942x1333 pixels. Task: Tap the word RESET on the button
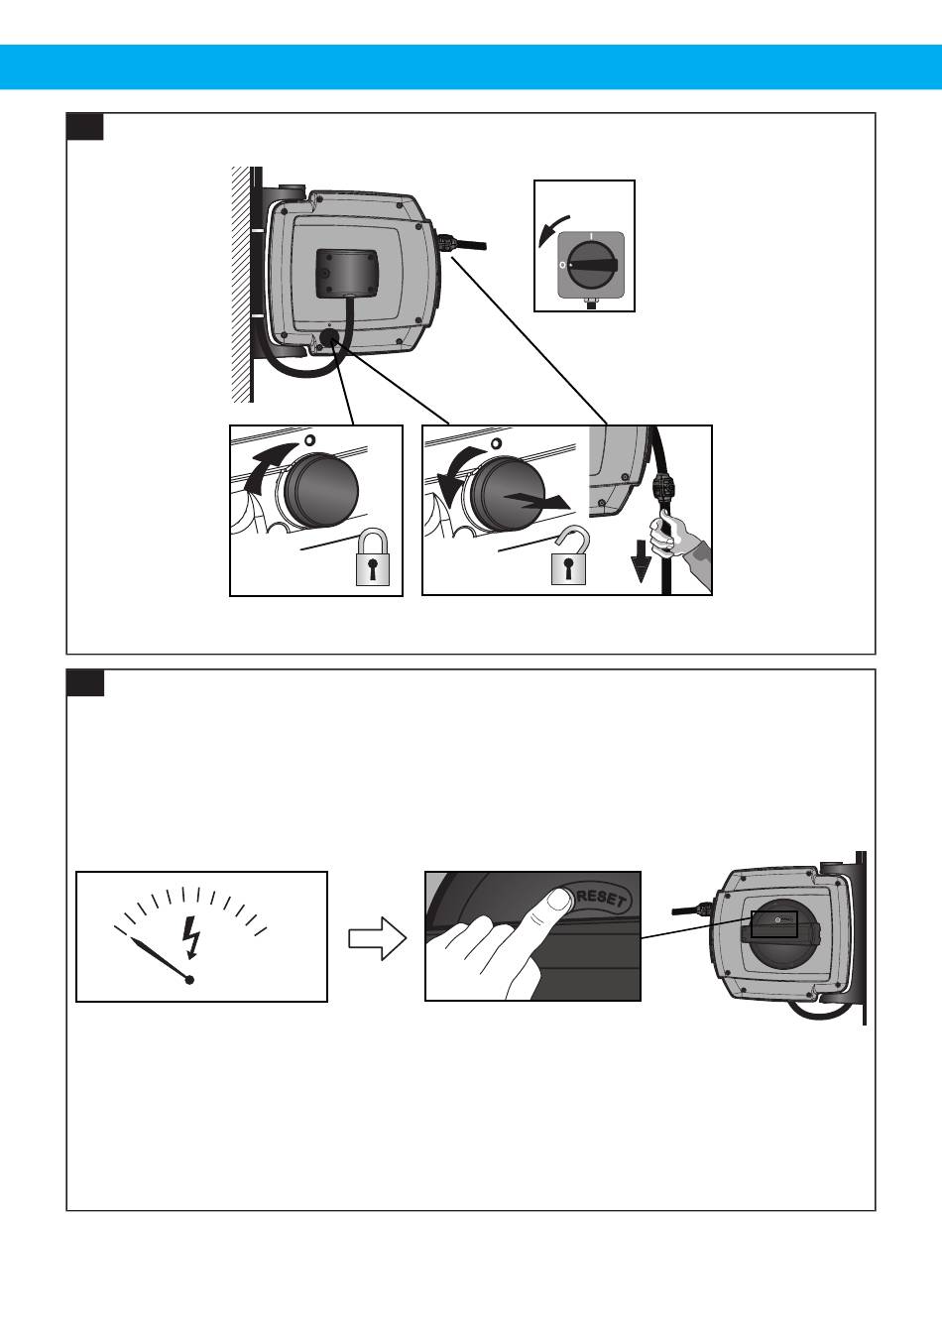(601, 900)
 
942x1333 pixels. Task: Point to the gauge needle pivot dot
(189, 979)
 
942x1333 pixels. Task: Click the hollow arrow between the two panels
(378, 937)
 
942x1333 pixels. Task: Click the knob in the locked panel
(321, 492)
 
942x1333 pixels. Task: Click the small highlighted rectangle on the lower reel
(774, 923)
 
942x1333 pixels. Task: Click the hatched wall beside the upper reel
(239, 284)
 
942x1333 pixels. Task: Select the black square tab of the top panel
(85, 126)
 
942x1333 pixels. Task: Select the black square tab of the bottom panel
(85, 682)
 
